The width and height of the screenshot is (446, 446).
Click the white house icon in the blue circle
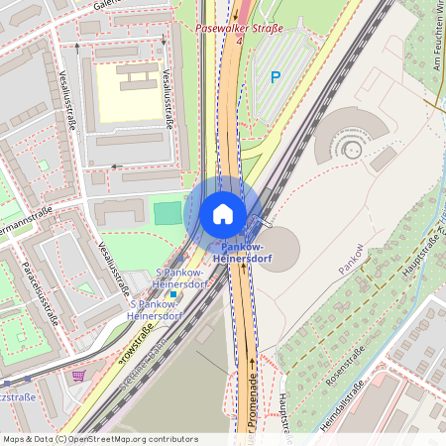(x=223, y=214)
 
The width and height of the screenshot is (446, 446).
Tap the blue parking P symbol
(x=276, y=76)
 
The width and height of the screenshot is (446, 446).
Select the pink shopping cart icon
(x=78, y=376)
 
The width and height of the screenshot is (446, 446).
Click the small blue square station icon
(x=173, y=293)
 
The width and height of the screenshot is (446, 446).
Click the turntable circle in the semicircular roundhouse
(x=351, y=149)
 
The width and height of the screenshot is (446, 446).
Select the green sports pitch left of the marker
(x=168, y=212)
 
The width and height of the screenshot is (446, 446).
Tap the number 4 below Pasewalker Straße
(x=238, y=41)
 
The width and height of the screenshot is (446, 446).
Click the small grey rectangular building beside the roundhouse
(x=385, y=159)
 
